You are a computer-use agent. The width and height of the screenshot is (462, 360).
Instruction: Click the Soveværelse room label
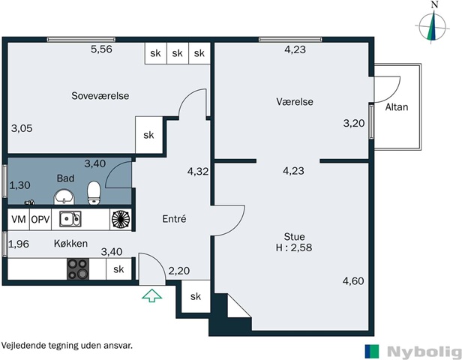click(100, 96)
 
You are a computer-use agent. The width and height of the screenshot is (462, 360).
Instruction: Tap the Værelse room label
click(295, 102)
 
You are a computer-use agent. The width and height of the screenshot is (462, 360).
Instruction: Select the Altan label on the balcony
click(397, 107)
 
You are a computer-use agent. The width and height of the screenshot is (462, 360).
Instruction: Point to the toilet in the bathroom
click(94, 193)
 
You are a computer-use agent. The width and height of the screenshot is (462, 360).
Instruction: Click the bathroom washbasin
click(64, 197)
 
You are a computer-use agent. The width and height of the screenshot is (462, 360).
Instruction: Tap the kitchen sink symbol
click(70, 219)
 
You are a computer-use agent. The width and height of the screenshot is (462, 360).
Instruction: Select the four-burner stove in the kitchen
click(78, 269)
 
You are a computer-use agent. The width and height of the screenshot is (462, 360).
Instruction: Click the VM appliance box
click(19, 220)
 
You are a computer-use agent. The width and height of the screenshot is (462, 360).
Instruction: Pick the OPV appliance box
click(40, 220)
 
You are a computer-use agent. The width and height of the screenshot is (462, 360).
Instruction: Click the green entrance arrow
click(152, 295)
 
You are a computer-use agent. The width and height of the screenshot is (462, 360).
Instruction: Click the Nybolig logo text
click(424, 352)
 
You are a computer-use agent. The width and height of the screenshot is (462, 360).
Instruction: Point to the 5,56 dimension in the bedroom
click(101, 49)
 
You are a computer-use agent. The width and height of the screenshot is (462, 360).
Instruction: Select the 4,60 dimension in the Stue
click(353, 281)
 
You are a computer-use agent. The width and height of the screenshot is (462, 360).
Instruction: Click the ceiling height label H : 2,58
click(294, 247)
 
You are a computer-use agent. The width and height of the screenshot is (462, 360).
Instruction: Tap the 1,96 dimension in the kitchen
click(19, 244)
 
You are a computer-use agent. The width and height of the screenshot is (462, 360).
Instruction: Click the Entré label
click(175, 219)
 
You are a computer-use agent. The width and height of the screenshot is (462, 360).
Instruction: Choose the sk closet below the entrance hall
click(196, 296)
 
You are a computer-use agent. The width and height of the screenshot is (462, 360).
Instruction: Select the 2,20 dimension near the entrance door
click(178, 271)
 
